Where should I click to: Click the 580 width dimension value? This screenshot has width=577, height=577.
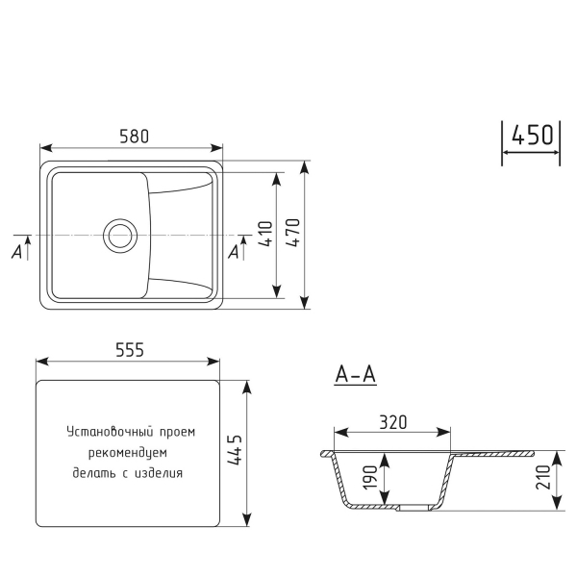coord(135,137)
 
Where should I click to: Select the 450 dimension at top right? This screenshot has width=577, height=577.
coord(532,135)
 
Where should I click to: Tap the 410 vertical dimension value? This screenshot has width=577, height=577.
coord(266,235)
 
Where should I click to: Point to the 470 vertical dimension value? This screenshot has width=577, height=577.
coord(294,235)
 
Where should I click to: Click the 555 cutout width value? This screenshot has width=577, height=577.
coord(128,351)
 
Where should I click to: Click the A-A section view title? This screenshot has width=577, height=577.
coord(355,375)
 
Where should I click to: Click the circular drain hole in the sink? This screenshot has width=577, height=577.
coord(120,234)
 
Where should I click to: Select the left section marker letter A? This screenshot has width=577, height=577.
coord(16,252)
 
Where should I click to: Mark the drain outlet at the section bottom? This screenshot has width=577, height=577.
coord(409,507)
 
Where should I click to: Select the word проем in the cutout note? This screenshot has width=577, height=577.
coord(176,433)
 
